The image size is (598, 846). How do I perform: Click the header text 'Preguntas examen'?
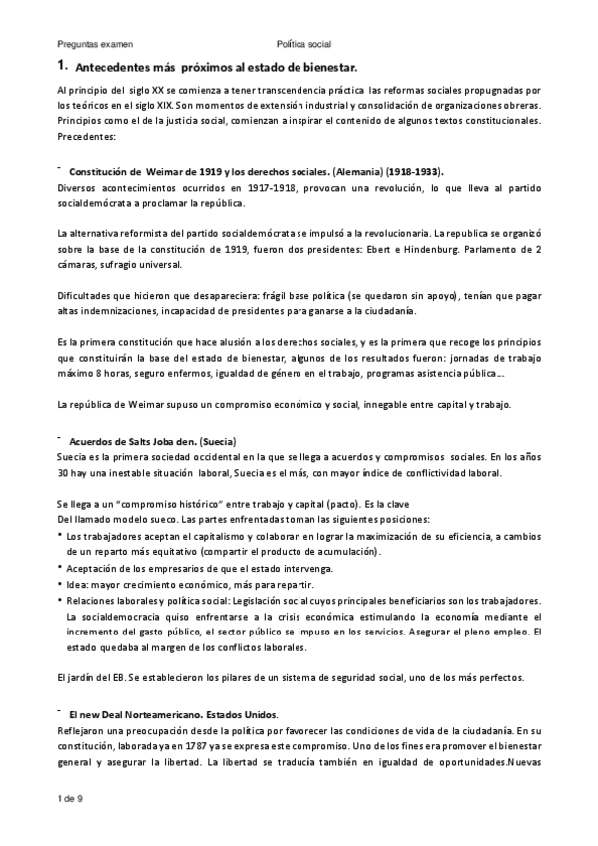(94, 45)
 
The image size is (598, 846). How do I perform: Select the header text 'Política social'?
(304, 45)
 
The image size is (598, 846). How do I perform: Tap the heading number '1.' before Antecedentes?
(62, 66)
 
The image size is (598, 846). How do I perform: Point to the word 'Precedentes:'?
(87, 136)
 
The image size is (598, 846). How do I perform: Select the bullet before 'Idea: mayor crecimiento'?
(62, 584)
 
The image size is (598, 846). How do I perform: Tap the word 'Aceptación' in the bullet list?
(94, 568)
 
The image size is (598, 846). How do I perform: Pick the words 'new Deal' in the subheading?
(105, 715)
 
